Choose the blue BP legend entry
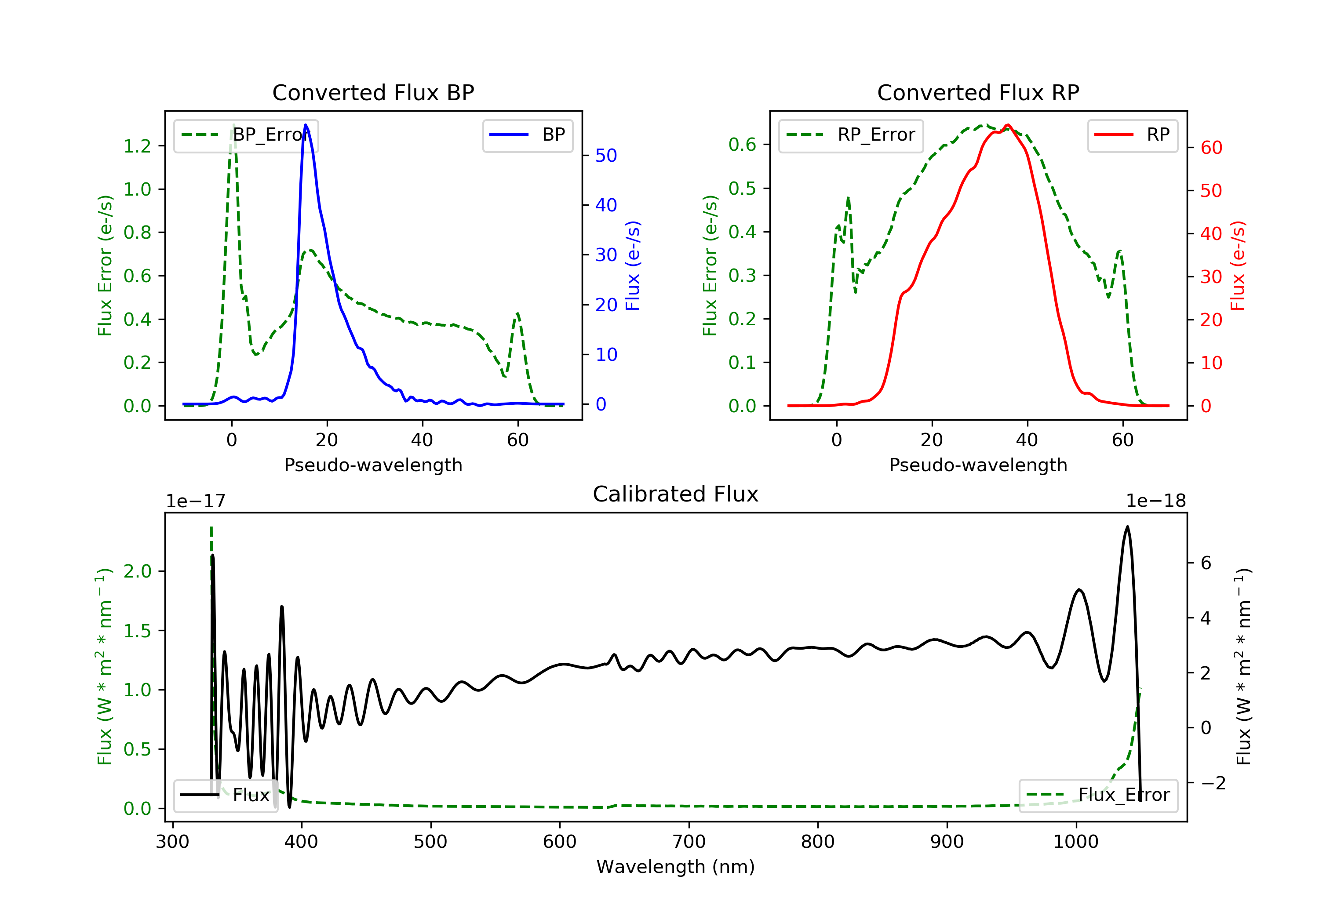(527, 135)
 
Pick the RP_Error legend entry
(850, 135)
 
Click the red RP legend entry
(1132, 135)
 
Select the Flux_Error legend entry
(1098, 795)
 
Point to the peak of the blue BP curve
(306, 125)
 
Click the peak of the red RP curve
(1008, 125)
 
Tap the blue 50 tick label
(606, 156)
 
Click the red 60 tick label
(1211, 148)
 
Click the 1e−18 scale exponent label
(1156, 501)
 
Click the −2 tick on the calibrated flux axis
(1213, 783)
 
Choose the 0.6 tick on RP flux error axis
(742, 145)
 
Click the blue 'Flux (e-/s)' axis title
(633, 265)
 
